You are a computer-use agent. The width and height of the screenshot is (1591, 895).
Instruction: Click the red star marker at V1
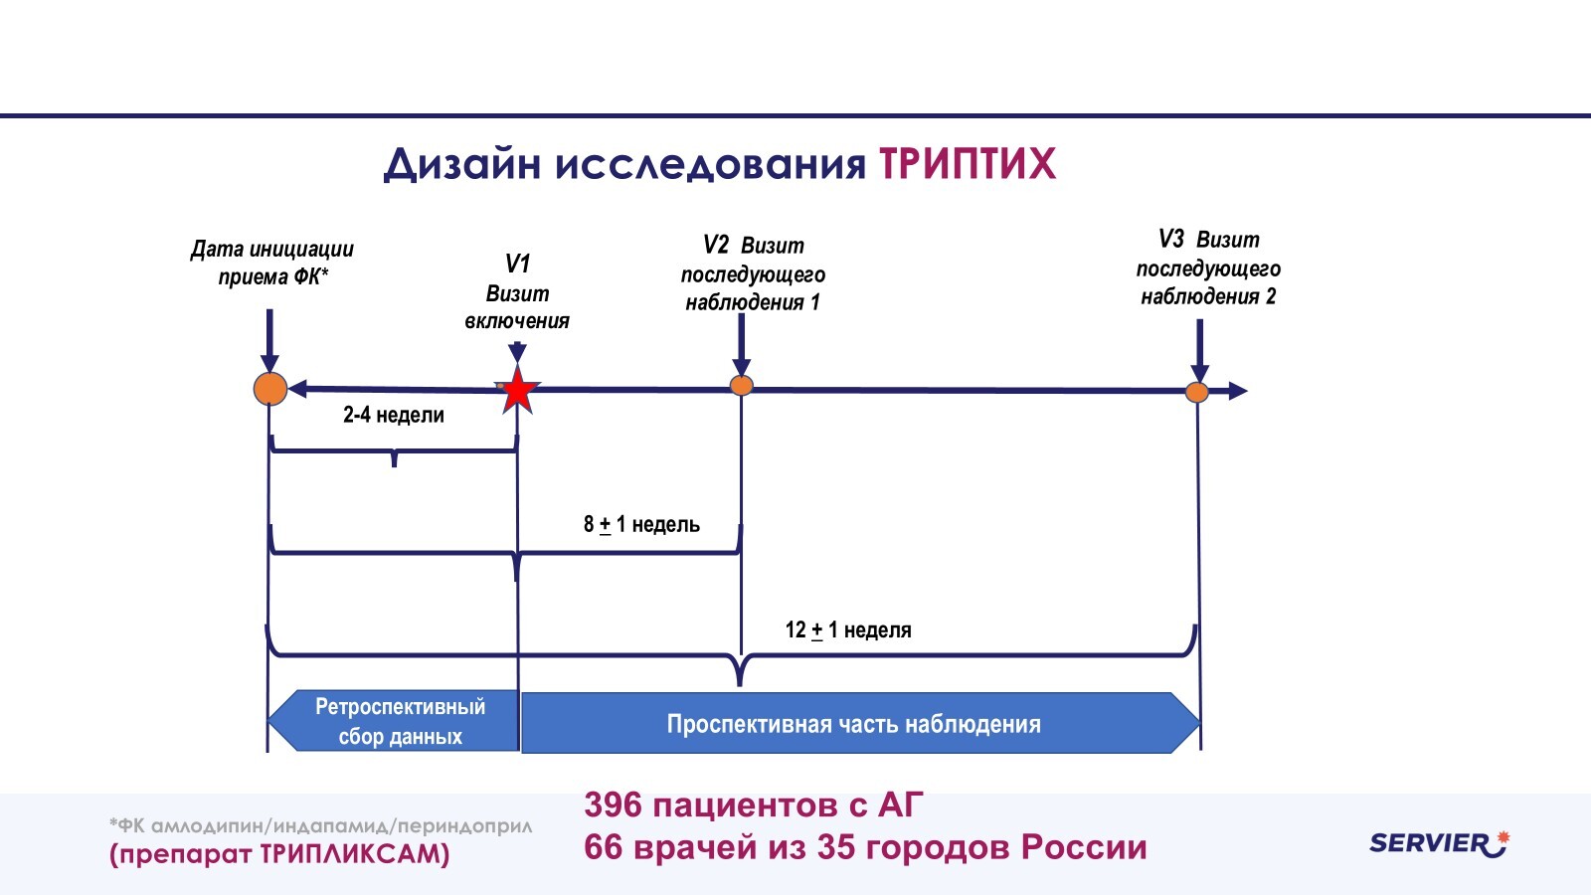pos(517,391)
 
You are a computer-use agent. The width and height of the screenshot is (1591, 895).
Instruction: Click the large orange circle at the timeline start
pos(270,389)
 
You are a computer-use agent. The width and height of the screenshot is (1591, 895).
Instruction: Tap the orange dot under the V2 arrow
pos(742,386)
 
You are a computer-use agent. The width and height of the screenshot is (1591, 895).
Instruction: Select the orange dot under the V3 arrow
pos(1197,392)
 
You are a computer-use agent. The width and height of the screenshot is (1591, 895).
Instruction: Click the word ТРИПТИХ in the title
pos(967,164)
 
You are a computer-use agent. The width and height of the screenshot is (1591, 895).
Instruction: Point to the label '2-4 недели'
pos(394,415)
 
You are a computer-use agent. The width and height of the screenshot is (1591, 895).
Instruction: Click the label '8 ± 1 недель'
pos(641,524)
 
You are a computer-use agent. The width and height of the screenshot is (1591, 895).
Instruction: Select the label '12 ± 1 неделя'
pos(847,629)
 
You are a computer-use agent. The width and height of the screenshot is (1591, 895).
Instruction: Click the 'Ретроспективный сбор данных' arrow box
pos(398,721)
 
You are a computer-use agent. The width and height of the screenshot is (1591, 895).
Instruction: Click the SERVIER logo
pos(1438,843)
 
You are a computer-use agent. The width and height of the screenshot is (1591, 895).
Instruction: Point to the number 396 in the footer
pos(613,805)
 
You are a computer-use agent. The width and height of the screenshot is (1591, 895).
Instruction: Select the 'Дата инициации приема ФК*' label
pos(271,263)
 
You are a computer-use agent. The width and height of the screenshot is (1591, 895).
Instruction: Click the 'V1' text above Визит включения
pos(517,264)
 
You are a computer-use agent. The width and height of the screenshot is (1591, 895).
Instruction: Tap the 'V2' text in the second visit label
pos(716,245)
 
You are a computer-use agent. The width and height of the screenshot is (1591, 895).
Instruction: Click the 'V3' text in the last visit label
pos(1171,239)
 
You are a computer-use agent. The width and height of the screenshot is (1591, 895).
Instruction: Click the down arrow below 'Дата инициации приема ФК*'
pos(269,343)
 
